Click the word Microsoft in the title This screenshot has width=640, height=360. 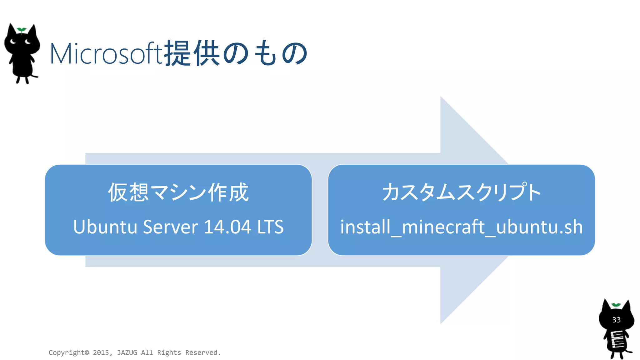click(x=106, y=54)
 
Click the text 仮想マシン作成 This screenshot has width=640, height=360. click(x=178, y=192)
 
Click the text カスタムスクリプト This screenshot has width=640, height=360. click(x=461, y=192)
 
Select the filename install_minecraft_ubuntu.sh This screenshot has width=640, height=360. click(x=461, y=227)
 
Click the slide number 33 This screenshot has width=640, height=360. click(x=616, y=320)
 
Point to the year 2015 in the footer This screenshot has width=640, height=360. click(x=101, y=352)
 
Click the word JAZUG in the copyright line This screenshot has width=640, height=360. click(x=127, y=352)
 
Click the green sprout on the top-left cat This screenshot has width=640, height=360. click(x=22, y=30)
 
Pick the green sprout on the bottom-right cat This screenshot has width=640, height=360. click(x=616, y=305)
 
